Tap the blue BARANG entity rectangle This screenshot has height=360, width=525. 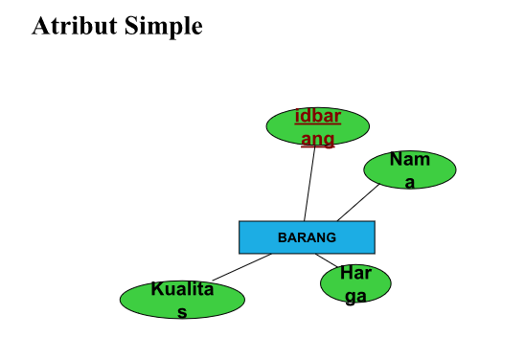[x=307, y=237]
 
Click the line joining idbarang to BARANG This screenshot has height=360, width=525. [x=309, y=184]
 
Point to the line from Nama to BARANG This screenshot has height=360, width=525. [x=357, y=203]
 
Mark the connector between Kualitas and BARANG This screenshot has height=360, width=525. [x=241, y=267]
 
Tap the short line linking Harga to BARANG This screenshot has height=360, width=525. [x=327, y=260]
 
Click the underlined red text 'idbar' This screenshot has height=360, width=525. [x=317, y=117]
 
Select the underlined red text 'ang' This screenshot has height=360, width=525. [x=317, y=139]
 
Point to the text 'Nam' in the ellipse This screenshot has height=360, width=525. [x=409, y=160]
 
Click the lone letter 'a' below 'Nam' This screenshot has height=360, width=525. [x=409, y=181]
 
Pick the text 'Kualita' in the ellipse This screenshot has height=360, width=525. [x=182, y=289]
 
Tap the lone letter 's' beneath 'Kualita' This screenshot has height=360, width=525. [x=182, y=311]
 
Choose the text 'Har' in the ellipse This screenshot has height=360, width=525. [x=355, y=275]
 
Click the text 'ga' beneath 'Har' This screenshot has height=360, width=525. [x=355, y=296]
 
